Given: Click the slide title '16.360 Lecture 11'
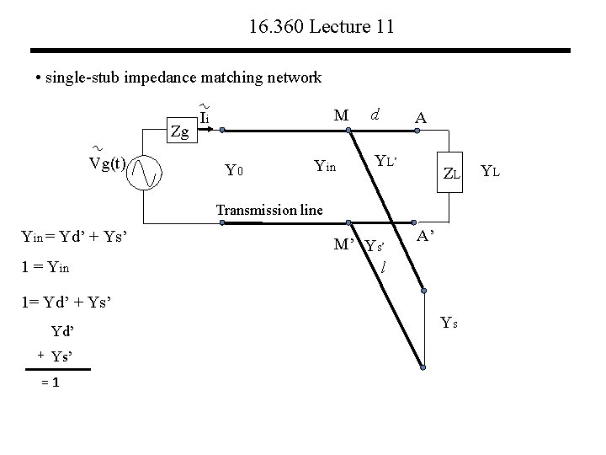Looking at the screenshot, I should point(322,28).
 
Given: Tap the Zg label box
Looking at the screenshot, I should point(179,131).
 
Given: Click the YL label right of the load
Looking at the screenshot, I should point(490,173).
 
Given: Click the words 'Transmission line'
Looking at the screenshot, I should point(269,210).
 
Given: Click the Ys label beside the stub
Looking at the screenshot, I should point(449,321).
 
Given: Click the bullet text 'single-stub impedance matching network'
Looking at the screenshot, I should point(178,78).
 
